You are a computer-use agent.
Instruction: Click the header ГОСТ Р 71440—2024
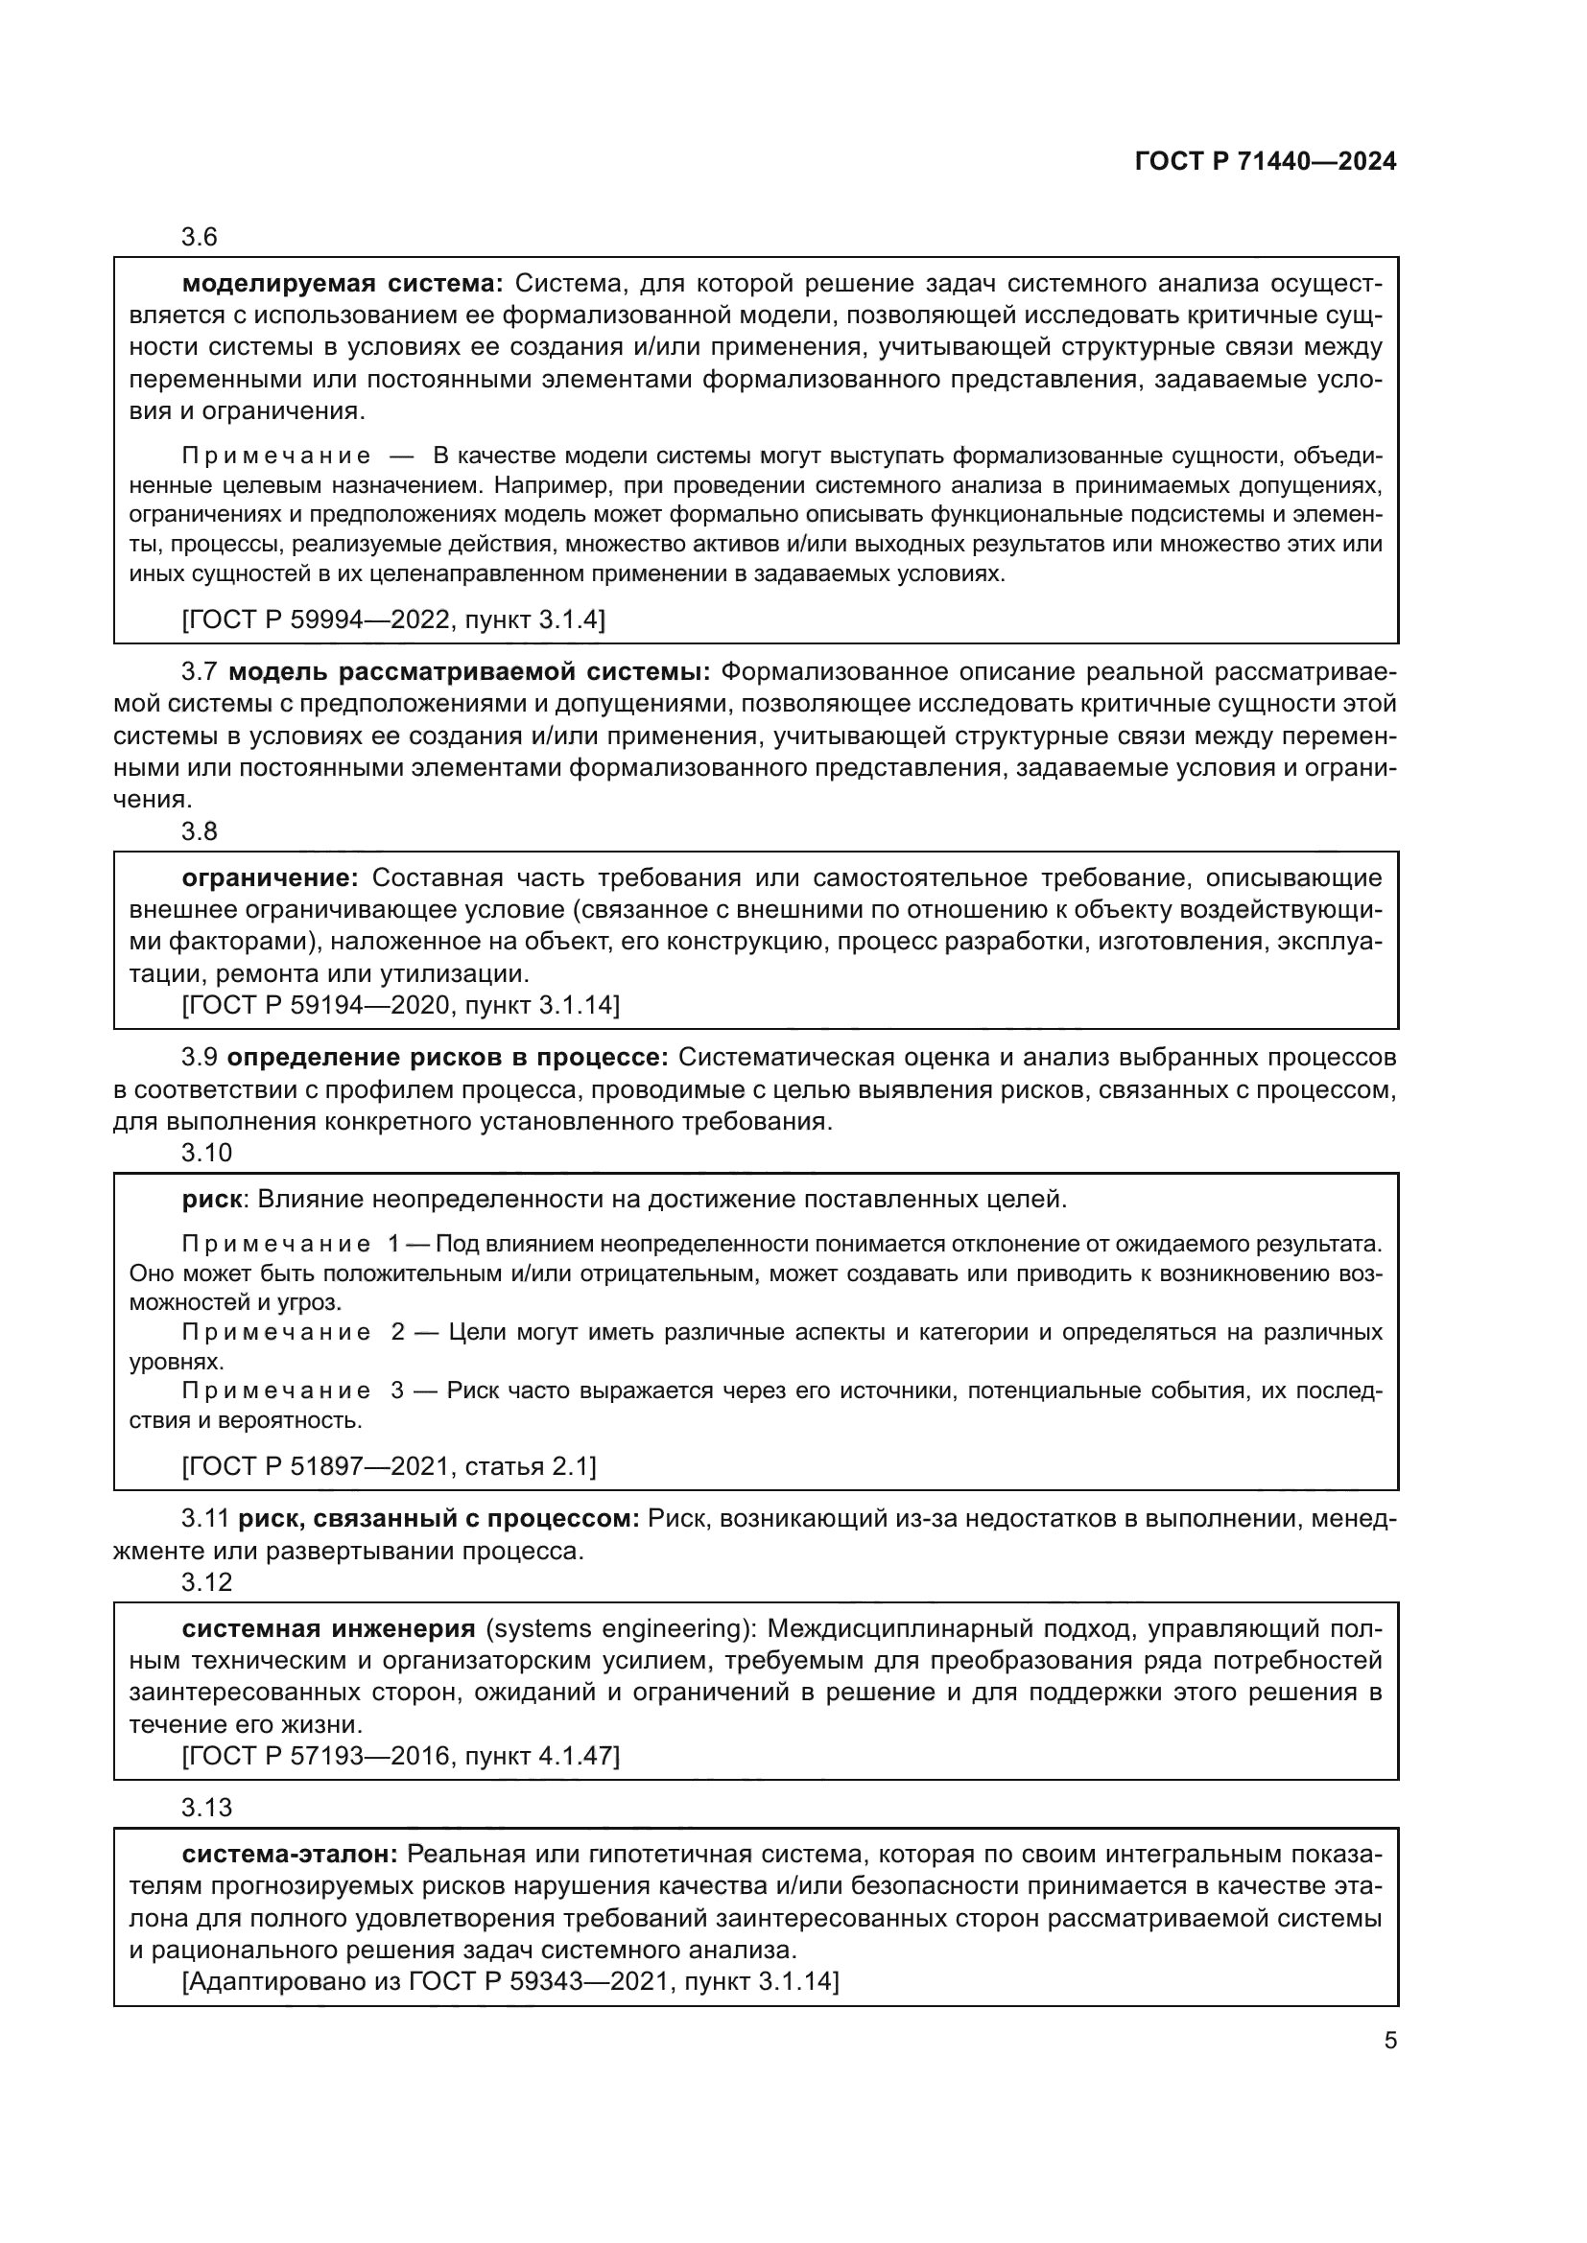tap(1266, 162)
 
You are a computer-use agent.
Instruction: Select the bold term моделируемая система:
tap(342, 284)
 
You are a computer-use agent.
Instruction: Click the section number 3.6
tap(200, 238)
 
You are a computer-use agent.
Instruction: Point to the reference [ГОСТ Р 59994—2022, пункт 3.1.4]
tap(393, 619)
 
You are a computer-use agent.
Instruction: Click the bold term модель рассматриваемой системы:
tap(469, 672)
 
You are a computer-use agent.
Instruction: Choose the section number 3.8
tap(200, 831)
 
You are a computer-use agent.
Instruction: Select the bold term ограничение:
tap(271, 878)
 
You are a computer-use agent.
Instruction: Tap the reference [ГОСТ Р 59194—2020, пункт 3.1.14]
tap(401, 1005)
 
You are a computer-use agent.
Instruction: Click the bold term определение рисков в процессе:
tap(447, 1058)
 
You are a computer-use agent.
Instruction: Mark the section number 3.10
tap(206, 1153)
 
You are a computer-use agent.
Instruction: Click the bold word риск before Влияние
tap(211, 1200)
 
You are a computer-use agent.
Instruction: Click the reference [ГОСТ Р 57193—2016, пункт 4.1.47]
tap(401, 1757)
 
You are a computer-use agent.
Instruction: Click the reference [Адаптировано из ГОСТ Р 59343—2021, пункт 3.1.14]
tap(510, 1982)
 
